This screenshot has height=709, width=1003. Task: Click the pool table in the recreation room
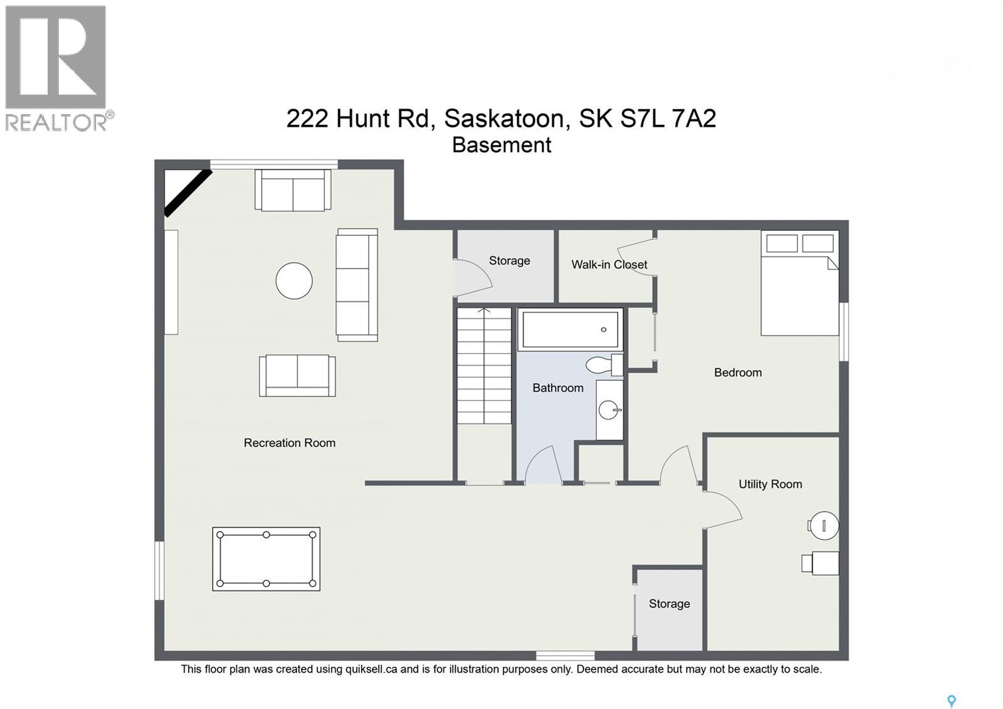266,558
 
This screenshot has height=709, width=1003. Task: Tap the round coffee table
294,280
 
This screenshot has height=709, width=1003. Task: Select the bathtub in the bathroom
570,329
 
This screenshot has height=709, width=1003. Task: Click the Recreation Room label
290,443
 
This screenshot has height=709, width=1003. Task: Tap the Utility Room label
770,484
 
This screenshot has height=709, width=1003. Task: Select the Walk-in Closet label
609,265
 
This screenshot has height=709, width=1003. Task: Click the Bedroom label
738,373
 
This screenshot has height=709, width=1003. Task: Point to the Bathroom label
558,388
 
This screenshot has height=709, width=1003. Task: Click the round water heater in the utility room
824,525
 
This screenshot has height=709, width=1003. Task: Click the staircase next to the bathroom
484,367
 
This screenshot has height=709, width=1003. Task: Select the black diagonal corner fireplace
187,193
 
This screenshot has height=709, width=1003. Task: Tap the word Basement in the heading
501,145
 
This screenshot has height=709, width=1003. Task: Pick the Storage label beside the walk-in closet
510,261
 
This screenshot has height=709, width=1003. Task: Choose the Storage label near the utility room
669,604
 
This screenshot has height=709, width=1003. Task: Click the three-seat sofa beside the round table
357,285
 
